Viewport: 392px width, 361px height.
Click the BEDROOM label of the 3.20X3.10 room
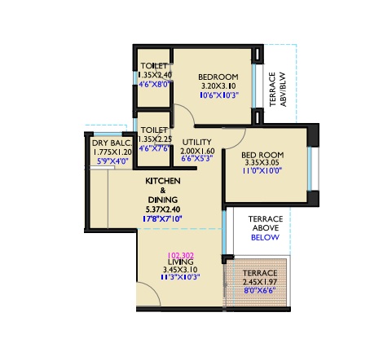pyautogui.click(x=218, y=77)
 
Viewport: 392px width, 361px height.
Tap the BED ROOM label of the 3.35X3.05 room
pyautogui.click(x=262, y=155)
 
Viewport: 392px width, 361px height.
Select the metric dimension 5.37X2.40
pyautogui.click(x=163, y=209)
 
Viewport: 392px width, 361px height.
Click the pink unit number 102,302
pyautogui.click(x=180, y=255)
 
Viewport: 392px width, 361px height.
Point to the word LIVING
pyautogui.click(x=181, y=262)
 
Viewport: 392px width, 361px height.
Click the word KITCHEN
pyautogui.click(x=163, y=181)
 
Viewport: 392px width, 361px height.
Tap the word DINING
pyautogui.click(x=163, y=200)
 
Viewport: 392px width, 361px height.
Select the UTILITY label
pyautogui.click(x=196, y=143)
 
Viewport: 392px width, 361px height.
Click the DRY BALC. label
pyautogui.click(x=112, y=143)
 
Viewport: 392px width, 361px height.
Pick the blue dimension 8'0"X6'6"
pyautogui.click(x=260, y=290)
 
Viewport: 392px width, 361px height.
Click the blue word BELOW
pyautogui.click(x=265, y=237)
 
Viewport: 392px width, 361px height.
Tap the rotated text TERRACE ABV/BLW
pyautogui.click(x=278, y=89)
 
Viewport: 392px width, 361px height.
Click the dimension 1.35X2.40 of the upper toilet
pyautogui.click(x=155, y=75)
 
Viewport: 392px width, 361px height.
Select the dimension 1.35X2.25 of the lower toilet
pyautogui.click(x=155, y=139)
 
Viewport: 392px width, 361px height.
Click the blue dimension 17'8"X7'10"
pyautogui.click(x=162, y=218)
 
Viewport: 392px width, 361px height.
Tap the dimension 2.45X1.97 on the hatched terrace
pyautogui.click(x=260, y=282)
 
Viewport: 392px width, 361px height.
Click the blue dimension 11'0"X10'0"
pyautogui.click(x=262, y=171)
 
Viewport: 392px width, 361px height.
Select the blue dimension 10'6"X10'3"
pyautogui.click(x=219, y=95)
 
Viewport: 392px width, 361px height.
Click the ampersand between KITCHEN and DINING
pyautogui.click(x=163, y=191)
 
